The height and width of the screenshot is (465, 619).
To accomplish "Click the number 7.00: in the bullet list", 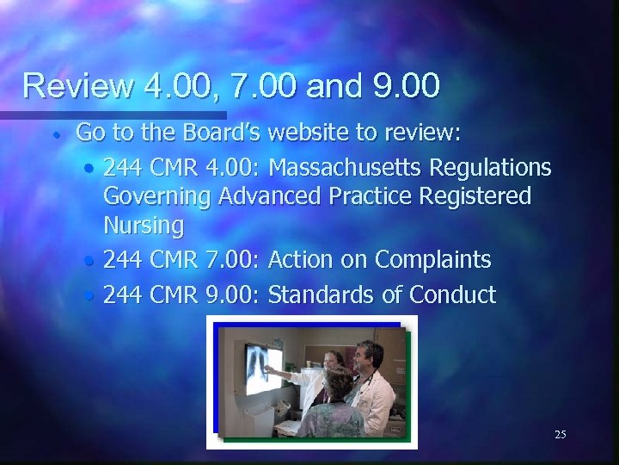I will [x=235, y=260].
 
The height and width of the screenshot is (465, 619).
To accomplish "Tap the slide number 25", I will [x=560, y=435].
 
